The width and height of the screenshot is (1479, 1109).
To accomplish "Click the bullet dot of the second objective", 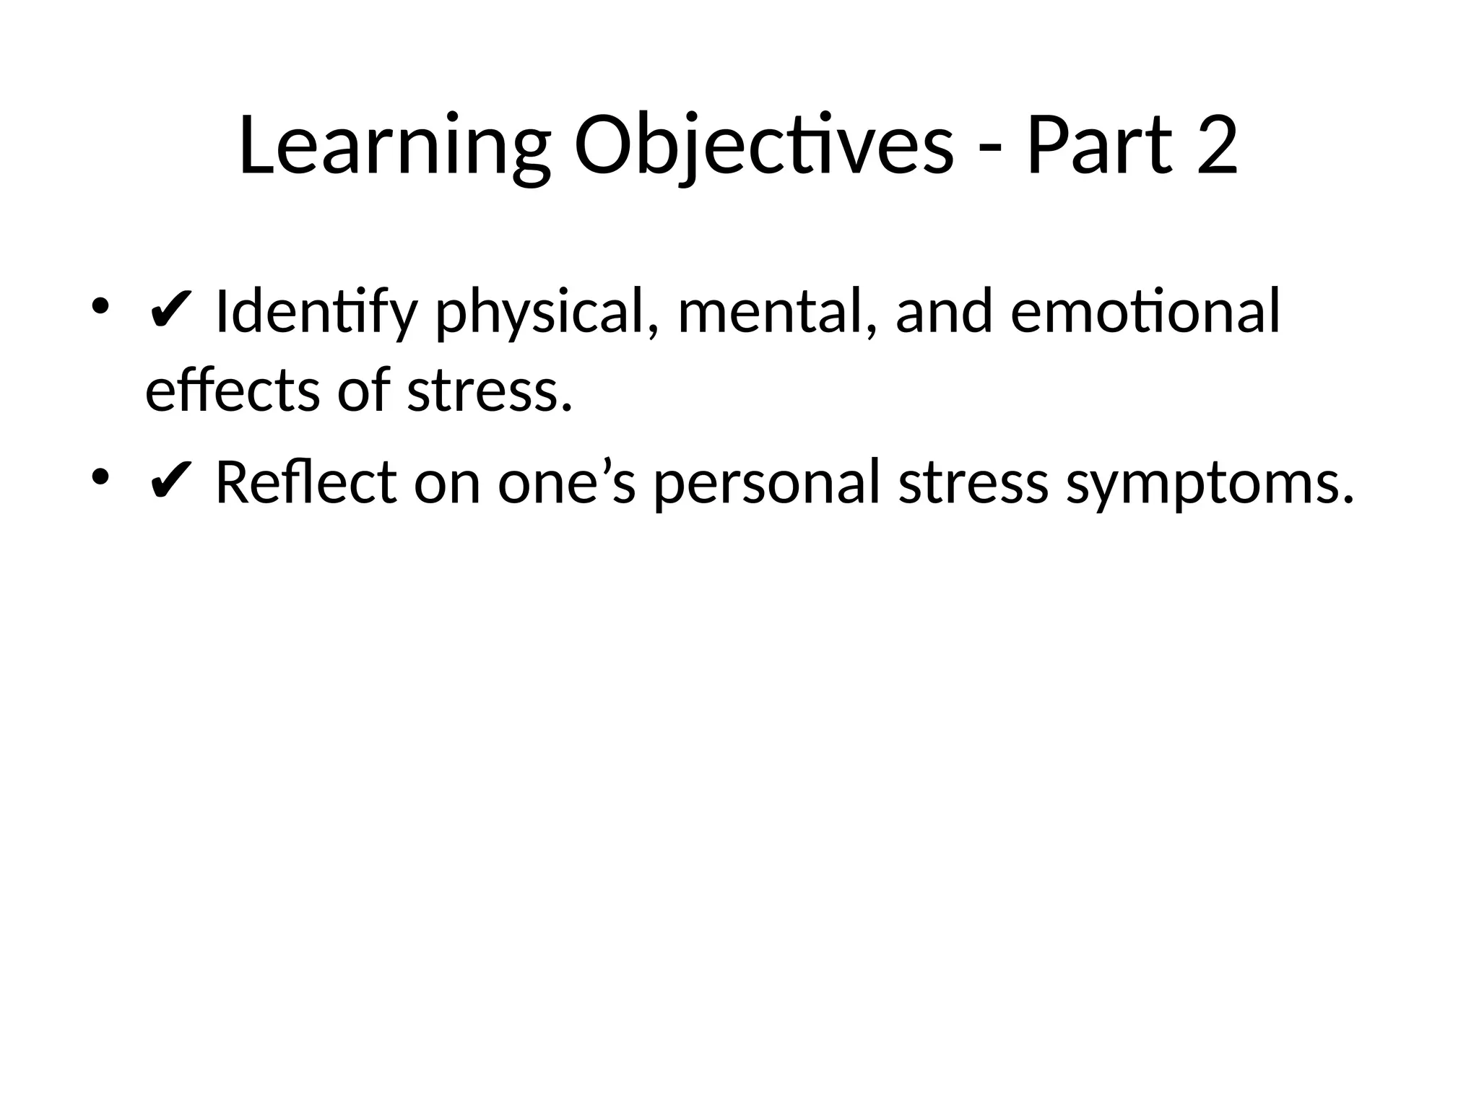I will (100, 477).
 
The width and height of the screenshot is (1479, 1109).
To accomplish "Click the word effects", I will (233, 391).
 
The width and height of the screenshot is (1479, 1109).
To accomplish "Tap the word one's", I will (566, 482).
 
